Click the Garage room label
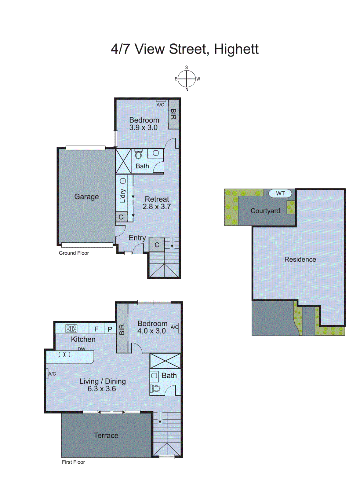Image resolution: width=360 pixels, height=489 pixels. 86,197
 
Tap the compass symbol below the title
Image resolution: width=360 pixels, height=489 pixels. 187,79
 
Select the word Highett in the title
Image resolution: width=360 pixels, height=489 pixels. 236,49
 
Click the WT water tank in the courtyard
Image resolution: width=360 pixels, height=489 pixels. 280,193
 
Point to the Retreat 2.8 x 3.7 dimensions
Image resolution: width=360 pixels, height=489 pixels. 157,207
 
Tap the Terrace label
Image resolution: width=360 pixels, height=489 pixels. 106,435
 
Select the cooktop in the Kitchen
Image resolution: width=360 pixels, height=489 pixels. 71,329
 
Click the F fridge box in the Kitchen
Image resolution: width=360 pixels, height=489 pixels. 96,329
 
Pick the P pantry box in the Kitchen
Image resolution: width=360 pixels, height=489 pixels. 110,329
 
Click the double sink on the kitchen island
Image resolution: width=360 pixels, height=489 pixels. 64,355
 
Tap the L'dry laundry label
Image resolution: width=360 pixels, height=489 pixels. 123,196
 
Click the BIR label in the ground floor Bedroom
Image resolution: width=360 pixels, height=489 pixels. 173,114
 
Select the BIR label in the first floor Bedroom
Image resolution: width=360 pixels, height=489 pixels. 122,329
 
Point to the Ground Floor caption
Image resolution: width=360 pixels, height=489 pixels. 74,253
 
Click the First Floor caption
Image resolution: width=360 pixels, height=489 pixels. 73,462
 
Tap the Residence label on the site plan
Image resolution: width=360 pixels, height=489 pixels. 300,259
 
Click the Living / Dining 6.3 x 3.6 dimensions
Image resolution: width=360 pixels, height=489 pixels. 102,389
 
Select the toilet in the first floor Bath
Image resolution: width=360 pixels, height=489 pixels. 156,389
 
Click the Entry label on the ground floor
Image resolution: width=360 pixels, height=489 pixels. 137,238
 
